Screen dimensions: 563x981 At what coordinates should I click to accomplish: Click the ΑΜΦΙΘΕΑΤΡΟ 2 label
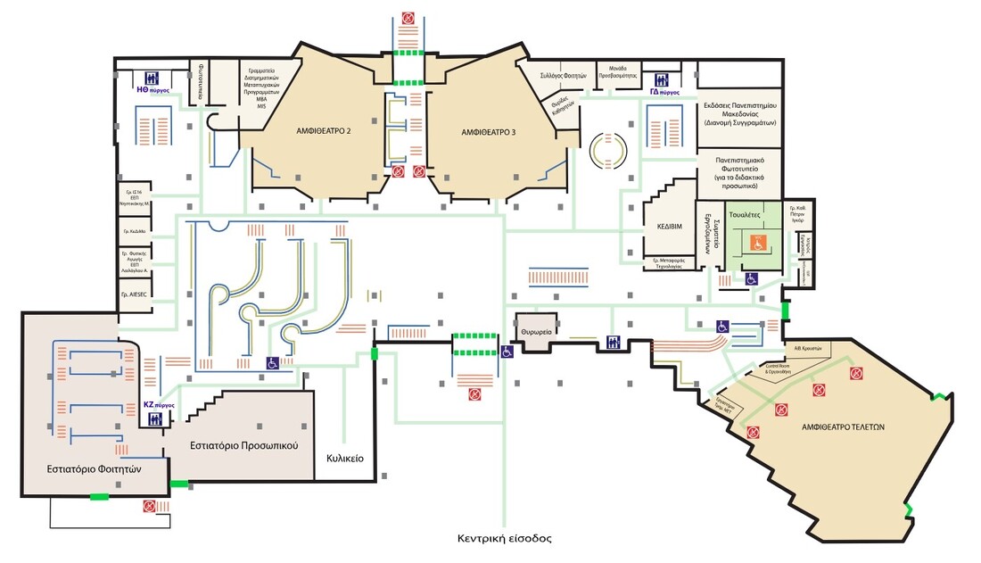[323, 131]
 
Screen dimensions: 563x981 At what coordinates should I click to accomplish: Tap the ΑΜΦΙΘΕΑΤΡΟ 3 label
[488, 131]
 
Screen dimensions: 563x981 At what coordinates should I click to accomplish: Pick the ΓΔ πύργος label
[664, 91]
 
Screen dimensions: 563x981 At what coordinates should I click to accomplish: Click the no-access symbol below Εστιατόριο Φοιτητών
[149, 506]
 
